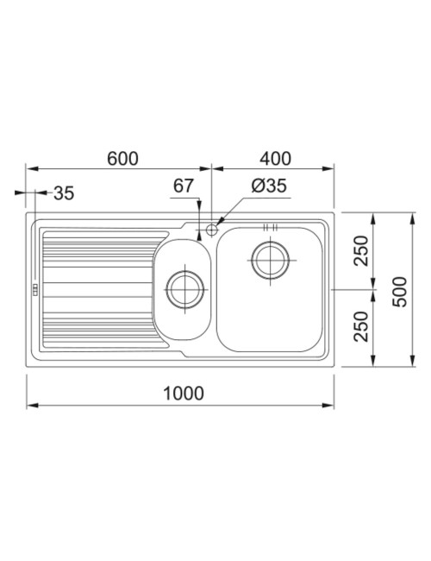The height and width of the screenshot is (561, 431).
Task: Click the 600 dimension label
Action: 122,159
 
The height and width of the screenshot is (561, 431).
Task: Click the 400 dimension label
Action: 275,159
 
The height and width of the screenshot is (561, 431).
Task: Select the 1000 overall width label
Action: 184,394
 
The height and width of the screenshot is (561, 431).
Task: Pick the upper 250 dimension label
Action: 360,250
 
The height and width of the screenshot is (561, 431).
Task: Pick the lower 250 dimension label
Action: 360,326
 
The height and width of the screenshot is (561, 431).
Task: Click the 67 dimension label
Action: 184,186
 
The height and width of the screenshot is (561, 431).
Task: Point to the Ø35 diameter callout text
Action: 269,186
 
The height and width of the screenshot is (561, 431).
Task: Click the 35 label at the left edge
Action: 64,193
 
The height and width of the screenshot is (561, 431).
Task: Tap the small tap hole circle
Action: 212,230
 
